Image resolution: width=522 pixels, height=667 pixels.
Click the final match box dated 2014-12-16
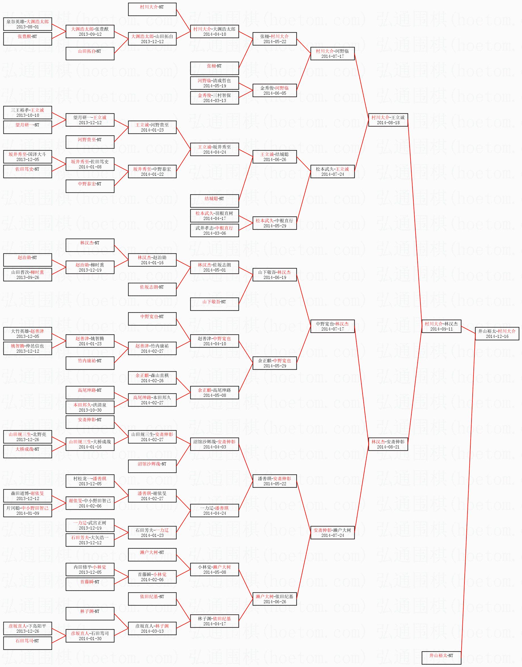pos(497,333)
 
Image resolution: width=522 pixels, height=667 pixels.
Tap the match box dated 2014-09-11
pos(441,326)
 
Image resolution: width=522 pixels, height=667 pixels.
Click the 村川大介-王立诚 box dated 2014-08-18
pos(388,120)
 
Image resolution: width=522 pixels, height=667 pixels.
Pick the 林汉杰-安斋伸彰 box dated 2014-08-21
pos(388,444)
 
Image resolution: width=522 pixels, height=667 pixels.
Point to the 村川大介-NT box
pos(152,9)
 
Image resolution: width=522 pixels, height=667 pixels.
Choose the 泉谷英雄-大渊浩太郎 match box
pos(28,24)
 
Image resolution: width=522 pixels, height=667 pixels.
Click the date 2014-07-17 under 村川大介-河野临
pos(332,56)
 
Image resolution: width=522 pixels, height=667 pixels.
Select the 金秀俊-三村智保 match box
pos(214,98)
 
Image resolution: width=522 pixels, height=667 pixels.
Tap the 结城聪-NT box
pos(214,201)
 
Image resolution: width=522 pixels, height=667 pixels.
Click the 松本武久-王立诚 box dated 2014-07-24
pos(332,171)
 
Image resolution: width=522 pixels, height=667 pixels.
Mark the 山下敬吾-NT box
pos(214,304)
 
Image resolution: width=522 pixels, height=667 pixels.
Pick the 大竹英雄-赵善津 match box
pos(28,333)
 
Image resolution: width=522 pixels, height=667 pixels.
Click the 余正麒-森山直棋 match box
pos(152,378)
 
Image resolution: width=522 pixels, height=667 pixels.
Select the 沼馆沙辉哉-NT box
pos(152,466)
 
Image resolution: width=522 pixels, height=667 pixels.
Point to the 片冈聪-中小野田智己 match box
pos(28,510)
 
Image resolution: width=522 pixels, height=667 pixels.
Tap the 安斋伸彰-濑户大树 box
pos(332,533)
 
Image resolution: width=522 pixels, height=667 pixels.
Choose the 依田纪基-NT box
pos(152,599)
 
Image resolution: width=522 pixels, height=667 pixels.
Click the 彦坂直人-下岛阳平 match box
pos(28,628)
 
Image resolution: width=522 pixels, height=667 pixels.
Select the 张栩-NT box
pos(214,68)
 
